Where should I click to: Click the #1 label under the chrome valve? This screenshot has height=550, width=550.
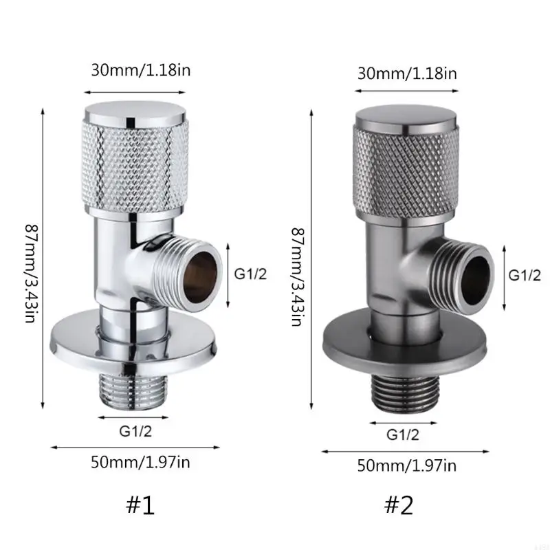(140, 505)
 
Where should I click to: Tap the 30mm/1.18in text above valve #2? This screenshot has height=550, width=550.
(407, 73)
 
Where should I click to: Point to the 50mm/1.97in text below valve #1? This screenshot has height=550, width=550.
(140, 461)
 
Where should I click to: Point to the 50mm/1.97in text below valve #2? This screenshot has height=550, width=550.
(407, 465)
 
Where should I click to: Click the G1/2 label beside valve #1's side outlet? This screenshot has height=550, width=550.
(250, 273)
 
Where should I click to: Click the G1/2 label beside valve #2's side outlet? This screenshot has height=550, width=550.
(524, 274)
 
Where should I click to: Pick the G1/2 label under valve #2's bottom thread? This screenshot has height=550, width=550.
(402, 434)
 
